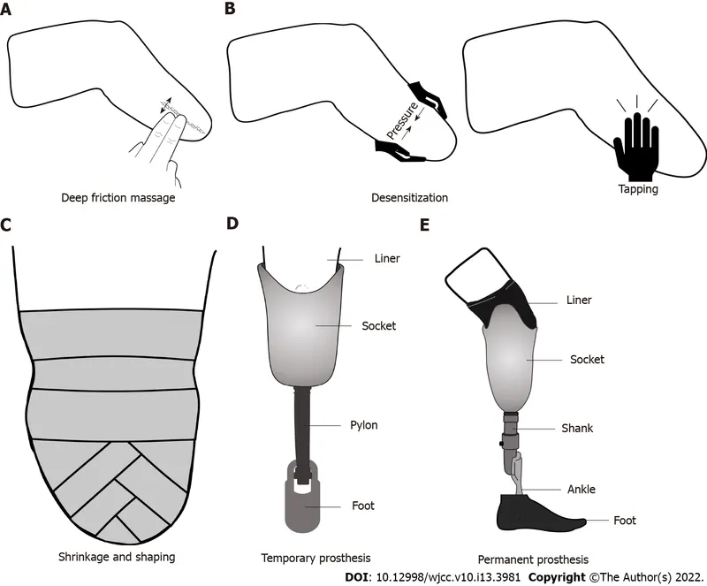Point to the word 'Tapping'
[x=635, y=188]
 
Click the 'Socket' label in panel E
[x=588, y=360]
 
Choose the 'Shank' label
[x=579, y=429]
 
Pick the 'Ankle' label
[x=581, y=490]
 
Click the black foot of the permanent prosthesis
[x=530, y=514]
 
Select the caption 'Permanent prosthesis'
[x=533, y=559]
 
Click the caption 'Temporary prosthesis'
[x=315, y=558]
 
